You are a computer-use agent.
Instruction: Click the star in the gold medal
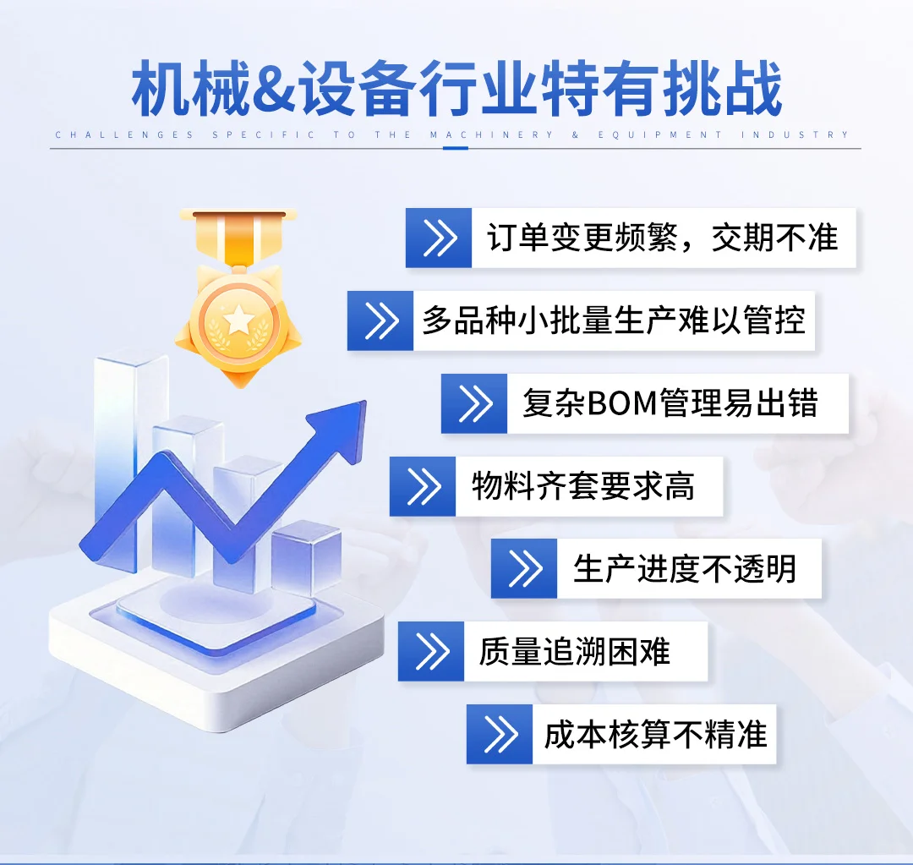pos(239,320)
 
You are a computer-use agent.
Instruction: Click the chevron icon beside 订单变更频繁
pos(439,238)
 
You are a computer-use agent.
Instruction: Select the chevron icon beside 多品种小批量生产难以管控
pos(380,320)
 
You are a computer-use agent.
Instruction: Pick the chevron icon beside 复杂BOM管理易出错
pos(474,403)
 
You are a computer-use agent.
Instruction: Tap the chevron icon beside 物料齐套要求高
pos(423,486)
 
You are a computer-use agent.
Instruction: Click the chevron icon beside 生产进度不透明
pos(524,568)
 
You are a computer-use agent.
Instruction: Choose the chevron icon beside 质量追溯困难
pos(431,651)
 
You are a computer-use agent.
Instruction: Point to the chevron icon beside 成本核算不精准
pos(500,734)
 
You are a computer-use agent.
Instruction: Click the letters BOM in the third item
pos(621,404)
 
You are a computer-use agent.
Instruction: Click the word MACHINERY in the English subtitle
pos(491,135)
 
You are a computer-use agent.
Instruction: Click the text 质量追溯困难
pos(575,651)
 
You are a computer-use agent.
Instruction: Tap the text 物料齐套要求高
pos(583,486)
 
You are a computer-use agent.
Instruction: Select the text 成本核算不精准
pos(655,734)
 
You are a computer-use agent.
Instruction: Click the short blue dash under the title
pos(455,149)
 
